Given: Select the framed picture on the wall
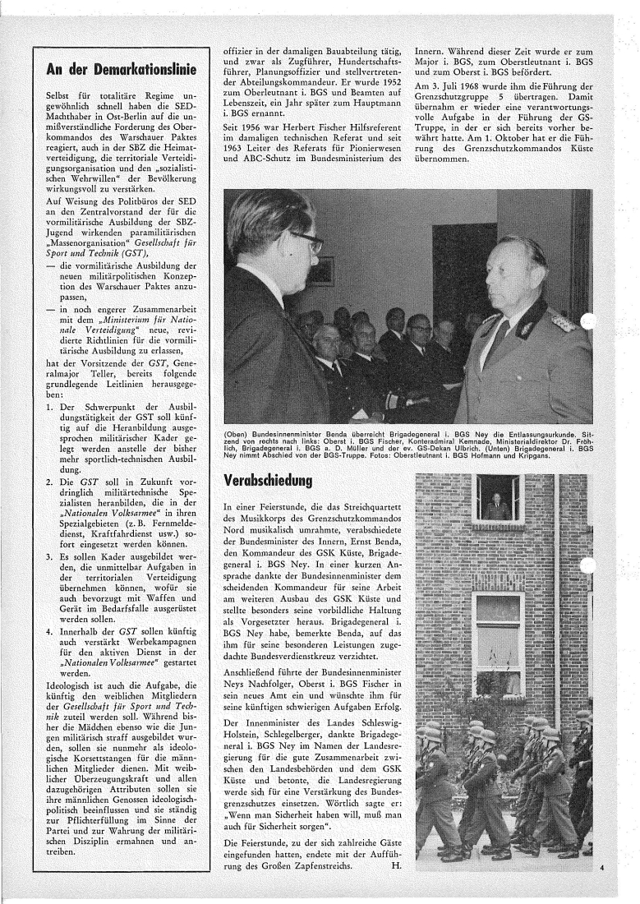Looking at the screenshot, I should click(321, 270).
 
